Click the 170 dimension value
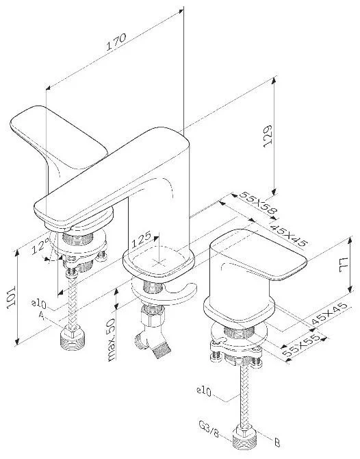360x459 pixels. point(116,42)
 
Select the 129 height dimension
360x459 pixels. point(268,136)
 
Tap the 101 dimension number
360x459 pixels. point(11,297)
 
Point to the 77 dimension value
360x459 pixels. point(343,265)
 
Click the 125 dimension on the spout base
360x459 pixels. point(141,239)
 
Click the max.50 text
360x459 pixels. point(111,340)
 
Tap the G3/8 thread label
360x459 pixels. point(209,430)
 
